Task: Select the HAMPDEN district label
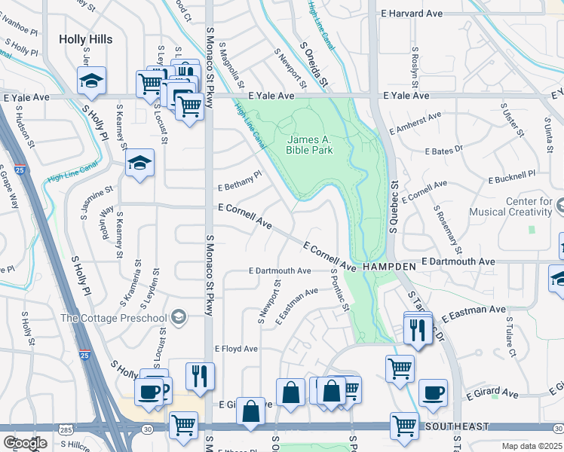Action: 388,267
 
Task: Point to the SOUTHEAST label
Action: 452,426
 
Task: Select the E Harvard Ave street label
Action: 412,14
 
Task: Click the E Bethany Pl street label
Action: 239,181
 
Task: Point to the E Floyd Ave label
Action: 236,349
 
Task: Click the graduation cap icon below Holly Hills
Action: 91,80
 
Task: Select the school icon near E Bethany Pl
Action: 139,163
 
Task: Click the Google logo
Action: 24,443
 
